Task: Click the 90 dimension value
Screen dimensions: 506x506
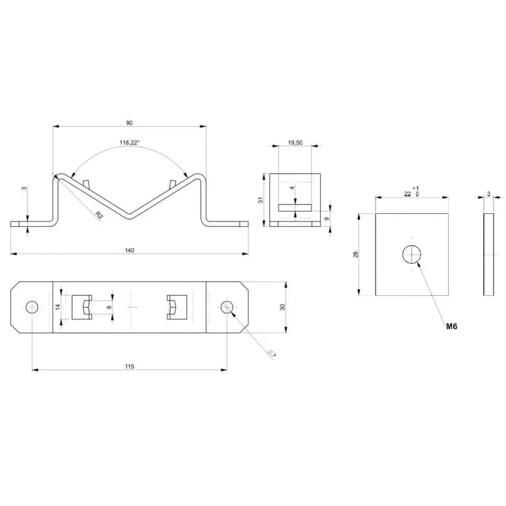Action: [129, 123]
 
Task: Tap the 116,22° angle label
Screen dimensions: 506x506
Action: [130, 143]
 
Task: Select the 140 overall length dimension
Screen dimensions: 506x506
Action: [129, 251]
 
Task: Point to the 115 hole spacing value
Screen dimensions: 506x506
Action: [129, 367]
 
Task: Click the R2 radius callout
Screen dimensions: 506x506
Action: [99, 215]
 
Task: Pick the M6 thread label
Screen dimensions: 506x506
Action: [451, 327]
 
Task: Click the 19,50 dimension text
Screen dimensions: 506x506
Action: [295, 143]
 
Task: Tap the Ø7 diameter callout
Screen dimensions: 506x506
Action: [271, 354]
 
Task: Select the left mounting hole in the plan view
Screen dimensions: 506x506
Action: [32, 307]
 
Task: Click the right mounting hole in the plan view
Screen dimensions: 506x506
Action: [227, 307]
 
